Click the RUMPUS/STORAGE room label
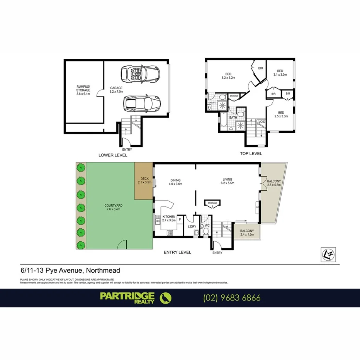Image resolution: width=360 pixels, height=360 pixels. [83, 90]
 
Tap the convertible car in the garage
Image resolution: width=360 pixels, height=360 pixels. [140, 73]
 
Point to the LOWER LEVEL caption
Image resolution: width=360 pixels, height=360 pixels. [112, 155]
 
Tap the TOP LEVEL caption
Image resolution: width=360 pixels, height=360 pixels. [251, 153]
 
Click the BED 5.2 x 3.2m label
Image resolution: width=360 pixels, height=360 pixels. [228, 76]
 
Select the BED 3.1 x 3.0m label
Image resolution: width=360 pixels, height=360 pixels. [280, 73]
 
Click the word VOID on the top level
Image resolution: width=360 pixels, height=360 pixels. [262, 122]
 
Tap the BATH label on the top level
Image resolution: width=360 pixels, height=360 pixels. [233, 117]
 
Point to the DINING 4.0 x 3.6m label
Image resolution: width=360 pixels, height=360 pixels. [175, 182]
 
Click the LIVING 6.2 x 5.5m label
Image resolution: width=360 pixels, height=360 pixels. [227, 181]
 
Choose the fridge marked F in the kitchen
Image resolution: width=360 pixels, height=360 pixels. [180, 219]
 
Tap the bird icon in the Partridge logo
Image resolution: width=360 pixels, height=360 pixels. [166, 298]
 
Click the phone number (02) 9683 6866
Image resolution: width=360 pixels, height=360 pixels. [232, 298]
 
